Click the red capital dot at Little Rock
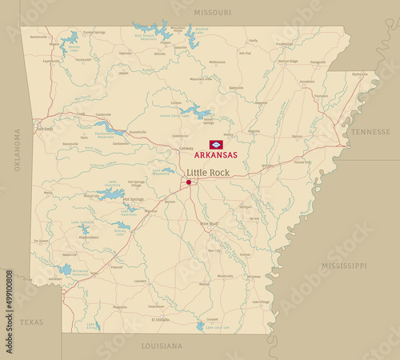pos(189,182)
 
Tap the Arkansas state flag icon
pos(214,145)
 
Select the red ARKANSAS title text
pos(214,156)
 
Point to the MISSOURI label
pos(212,13)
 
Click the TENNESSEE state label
pos(371,132)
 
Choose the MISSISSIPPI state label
pos(343,265)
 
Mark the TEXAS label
pos(32,322)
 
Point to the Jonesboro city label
pos(306,82)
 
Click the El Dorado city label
pos(161,319)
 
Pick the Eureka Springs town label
pos(94,33)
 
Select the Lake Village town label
pos(260,302)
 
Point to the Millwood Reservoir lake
pos(64,270)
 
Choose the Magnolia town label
pos(120,306)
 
